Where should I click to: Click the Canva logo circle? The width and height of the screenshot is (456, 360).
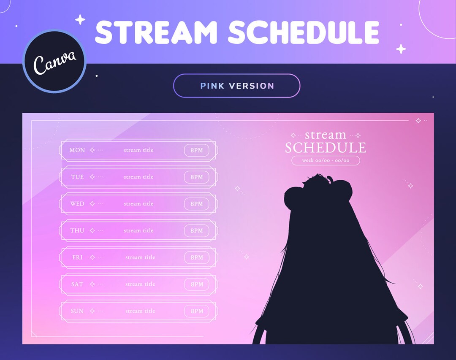click(x=54, y=61)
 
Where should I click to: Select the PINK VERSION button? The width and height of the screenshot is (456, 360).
click(x=236, y=86)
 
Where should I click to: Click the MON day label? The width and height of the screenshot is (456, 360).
click(x=77, y=150)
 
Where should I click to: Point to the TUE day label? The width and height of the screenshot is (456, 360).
click(x=77, y=177)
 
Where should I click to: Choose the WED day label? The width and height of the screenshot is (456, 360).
click(x=77, y=204)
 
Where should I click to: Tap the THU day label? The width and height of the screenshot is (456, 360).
click(x=77, y=231)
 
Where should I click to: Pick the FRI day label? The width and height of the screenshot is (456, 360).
click(x=77, y=257)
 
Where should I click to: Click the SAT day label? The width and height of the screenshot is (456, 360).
click(x=77, y=284)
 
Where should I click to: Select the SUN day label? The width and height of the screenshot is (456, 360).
click(x=77, y=311)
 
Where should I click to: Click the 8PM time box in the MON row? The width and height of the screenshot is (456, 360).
click(x=197, y=150)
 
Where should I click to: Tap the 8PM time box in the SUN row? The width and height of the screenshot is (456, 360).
click(x=197, y=311)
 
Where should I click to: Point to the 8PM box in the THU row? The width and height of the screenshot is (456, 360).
click(x=197, y=231)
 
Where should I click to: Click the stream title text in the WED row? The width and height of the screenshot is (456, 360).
click(x=138, y=204)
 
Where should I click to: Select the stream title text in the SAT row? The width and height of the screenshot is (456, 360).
click(x=140, y=284)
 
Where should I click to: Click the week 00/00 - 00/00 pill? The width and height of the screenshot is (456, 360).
click(x=326, y=160)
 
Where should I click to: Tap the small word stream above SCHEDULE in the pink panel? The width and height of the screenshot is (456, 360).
click(x=325, y=135)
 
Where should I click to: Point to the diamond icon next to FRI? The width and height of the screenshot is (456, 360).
click(x=92, y=257)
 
